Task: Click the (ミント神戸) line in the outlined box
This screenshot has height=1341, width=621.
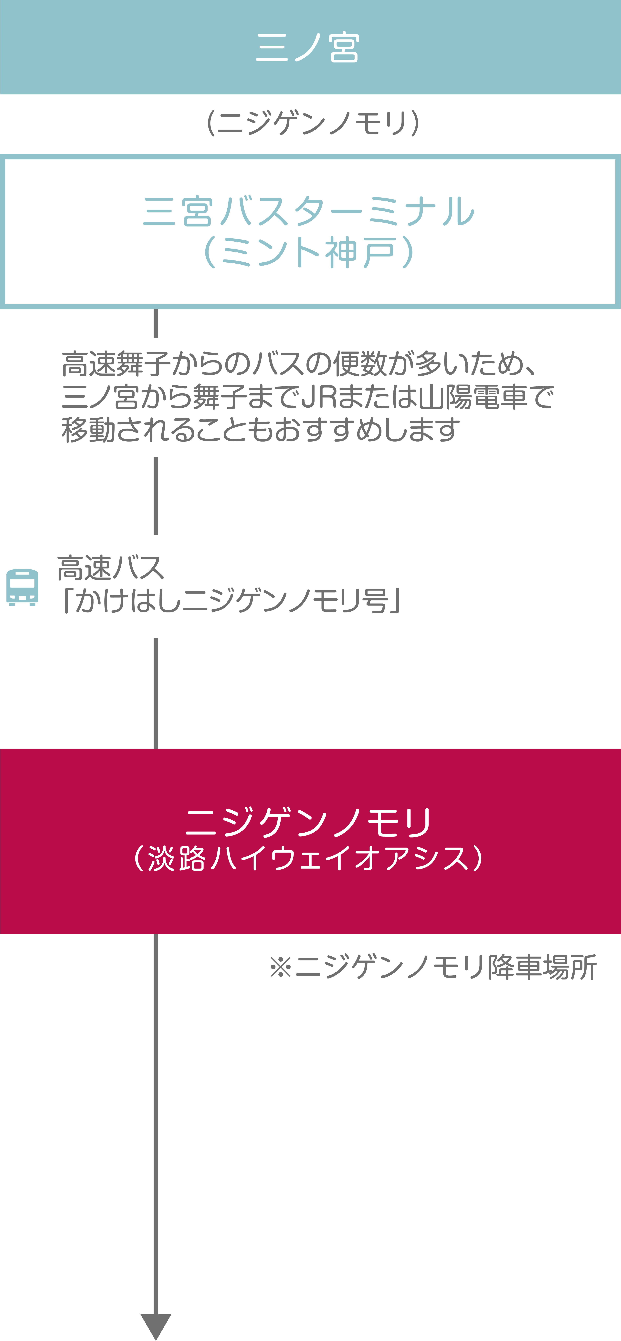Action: pyautogui.click(x=309, y=252)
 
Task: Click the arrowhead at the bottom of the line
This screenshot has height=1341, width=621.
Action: pyautogui.click(x=156, y=1326)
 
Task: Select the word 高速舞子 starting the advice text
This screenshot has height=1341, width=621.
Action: pyautogui.click(x=116, y=363)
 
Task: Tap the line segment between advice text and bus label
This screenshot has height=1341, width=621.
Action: pyautogui.click(x=156, y=496)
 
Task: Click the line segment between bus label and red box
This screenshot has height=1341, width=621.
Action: pyautogui.click(x=156, y=693)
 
